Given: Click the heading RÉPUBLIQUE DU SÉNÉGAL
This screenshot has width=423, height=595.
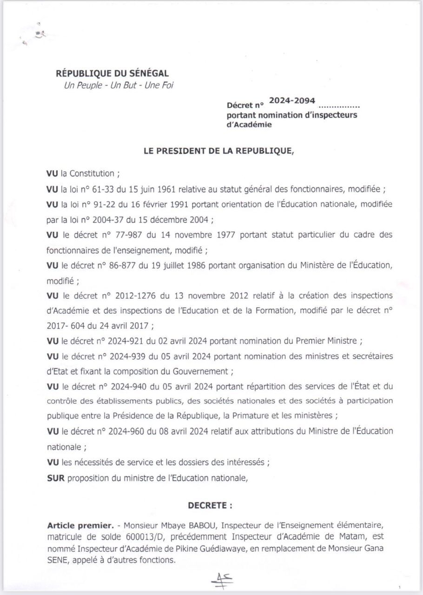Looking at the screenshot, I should (x=112, y=73).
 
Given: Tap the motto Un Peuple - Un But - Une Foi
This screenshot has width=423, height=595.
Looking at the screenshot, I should (x=118, y=86).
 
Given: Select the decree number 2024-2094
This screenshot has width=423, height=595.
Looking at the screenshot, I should (x=292, y=101).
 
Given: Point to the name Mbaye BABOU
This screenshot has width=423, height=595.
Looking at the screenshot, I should (x=191, y=526).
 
